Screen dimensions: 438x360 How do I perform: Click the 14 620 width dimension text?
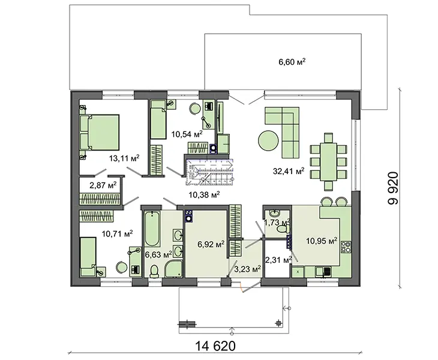[x=215, y=346]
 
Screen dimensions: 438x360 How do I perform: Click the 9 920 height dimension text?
[x=393, y=188]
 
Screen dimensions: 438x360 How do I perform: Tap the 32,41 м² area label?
[x=289, y=170]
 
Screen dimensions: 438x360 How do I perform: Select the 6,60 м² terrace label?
[x=292, y=61]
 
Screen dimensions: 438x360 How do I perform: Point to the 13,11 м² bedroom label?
[x=124, y=158]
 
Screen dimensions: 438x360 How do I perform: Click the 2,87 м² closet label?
[x=103, y=185]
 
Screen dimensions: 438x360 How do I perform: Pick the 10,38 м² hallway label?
[x=204, y=194]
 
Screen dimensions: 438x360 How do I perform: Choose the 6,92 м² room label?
[x=211, y=244]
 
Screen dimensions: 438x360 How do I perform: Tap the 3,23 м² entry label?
[x=247, y=269]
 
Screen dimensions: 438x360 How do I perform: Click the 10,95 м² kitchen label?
[x=322, y=241]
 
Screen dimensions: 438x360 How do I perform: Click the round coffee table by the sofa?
[x=268, y=140]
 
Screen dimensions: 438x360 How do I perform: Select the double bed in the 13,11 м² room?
[x=100, y=133]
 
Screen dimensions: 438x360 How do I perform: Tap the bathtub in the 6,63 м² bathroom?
[x=152, y=229]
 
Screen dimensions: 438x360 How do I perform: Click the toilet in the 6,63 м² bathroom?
[x=154, y=271]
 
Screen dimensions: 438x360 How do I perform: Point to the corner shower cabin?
[x=174, y=269]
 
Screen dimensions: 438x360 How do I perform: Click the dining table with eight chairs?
[x=329, y=162]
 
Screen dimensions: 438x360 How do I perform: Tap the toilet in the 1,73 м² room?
[x=284, y=230]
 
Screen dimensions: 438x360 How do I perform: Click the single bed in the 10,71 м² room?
[x=88, y=257]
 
